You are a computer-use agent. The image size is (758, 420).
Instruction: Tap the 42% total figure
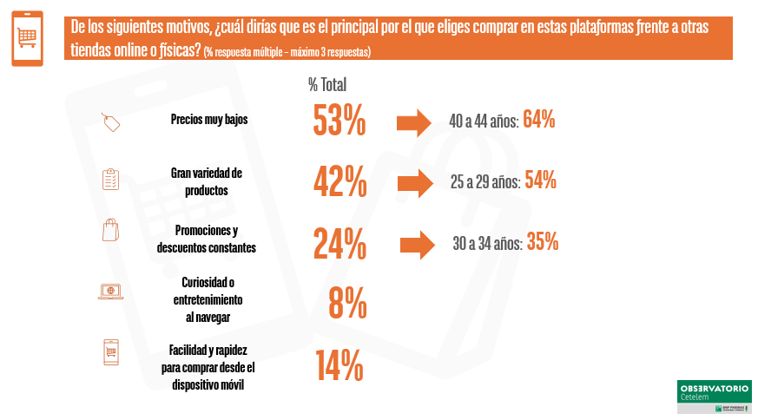click(339, 182)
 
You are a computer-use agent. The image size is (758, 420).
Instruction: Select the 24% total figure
click(339, 244)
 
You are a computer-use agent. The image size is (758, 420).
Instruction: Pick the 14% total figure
click(339, 365)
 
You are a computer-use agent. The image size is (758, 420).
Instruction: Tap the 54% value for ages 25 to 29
click(539, 181)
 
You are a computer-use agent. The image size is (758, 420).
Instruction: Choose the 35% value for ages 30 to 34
click(542, 243)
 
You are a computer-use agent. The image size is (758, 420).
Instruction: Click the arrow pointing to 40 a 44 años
click(413, 122)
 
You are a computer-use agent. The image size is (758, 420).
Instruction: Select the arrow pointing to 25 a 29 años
click(415, 182)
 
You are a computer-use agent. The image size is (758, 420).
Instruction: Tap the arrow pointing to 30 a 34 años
click(417, 244)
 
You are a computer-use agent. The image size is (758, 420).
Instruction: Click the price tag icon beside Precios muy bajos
click(110, 121)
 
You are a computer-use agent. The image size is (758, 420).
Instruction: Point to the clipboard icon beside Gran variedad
click(110, 179)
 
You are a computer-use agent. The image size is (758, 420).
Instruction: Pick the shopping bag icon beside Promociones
click(110, 231)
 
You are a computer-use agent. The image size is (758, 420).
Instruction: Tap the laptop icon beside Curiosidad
click(110, 292)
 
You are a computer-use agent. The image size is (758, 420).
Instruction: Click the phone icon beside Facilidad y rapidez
click(110, 351)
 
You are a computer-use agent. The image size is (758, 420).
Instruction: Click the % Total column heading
click(327, 84)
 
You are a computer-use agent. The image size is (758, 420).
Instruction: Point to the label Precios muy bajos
click(209, 120)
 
